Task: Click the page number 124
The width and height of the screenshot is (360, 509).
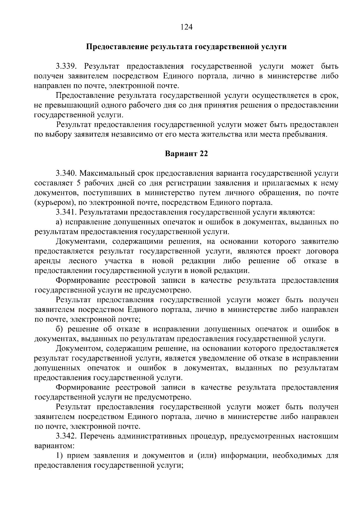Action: point(186,27)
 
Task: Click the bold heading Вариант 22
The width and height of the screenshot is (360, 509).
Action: point(186,154)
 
